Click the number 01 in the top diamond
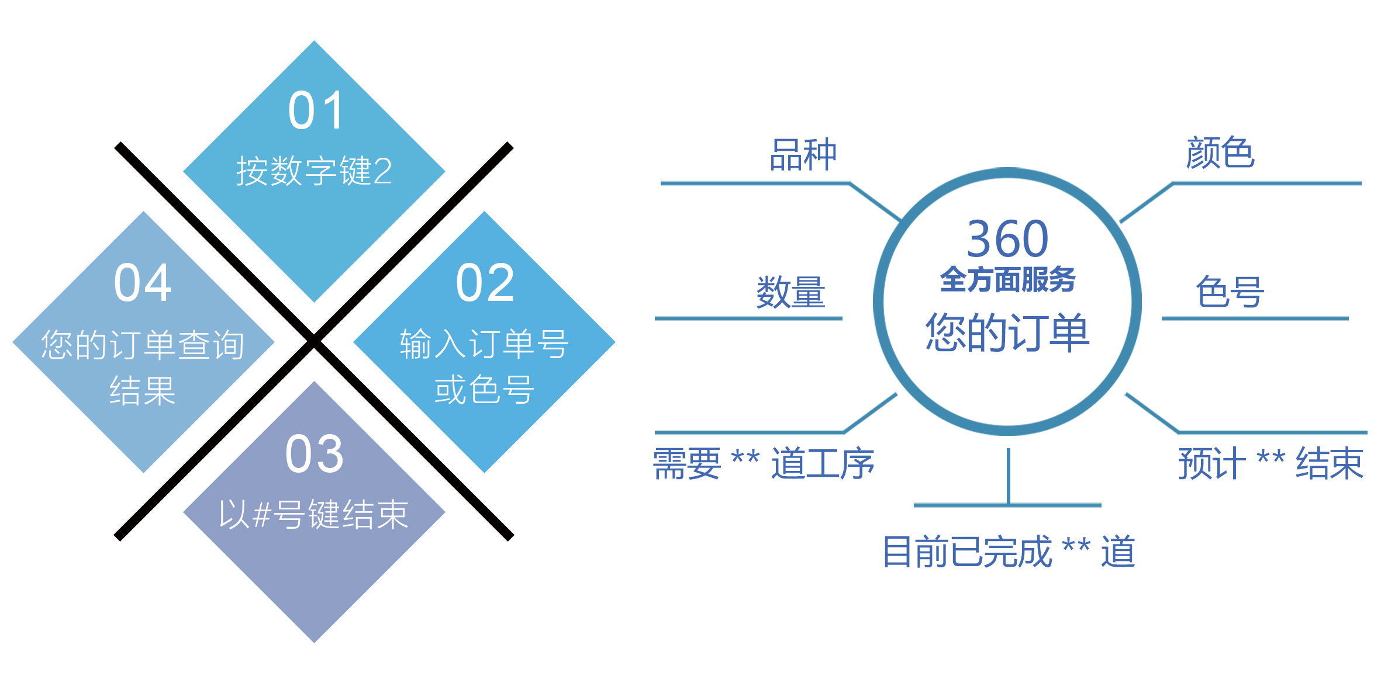pos(316,110)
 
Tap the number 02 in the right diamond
pos(485,283)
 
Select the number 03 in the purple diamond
pos(315,454)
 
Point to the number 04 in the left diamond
pos(143,283)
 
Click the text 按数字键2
pos(315,171)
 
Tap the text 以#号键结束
pos(314,515)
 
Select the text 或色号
pos(484,390)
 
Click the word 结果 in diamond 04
pos(143,391)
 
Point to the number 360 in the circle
pos(1007,238)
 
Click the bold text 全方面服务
pos(1007,279)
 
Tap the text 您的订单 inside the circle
pos(1007,332)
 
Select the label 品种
pos(803,155)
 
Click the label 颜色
pos(1220,152)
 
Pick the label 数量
pos(791,292)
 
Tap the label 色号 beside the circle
pos(1230,292)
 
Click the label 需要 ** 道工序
pos(764,464)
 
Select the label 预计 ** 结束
pos(1270,463)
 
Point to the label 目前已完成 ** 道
pos(1009,552)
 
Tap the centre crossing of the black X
pos(314,341)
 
